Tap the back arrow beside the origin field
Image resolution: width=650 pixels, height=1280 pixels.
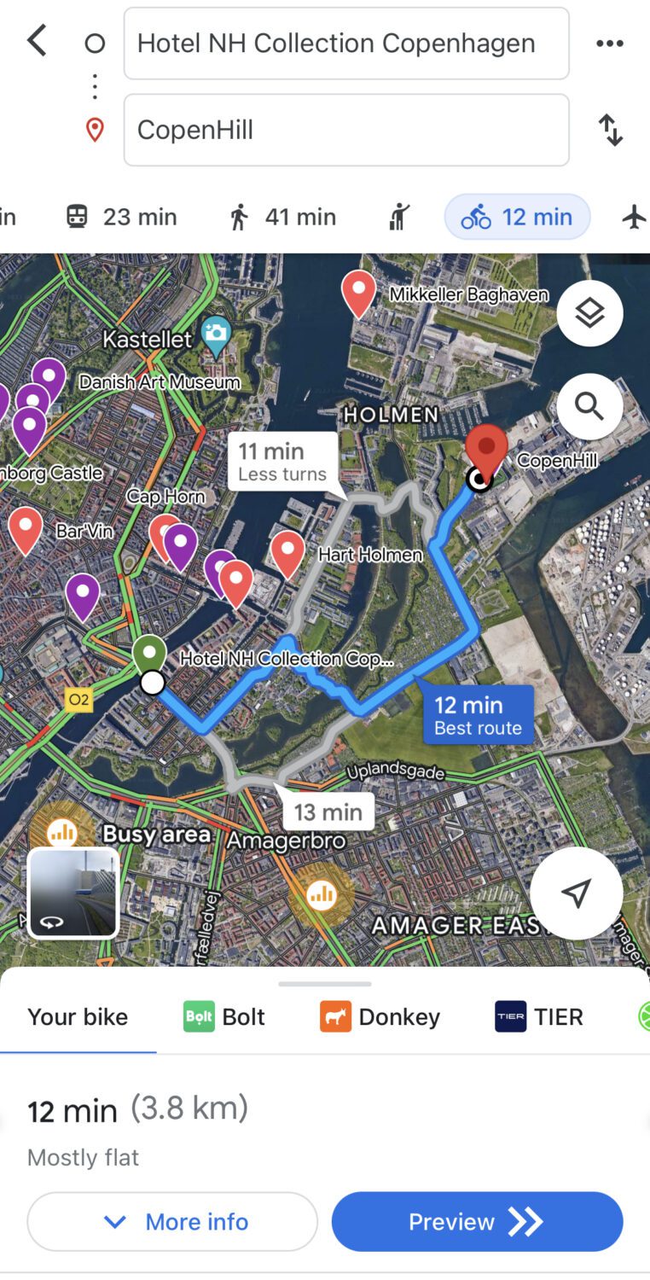click(37, 41)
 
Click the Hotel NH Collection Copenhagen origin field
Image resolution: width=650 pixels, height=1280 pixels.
click(345, 44)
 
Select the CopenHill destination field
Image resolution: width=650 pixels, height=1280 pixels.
click(345, 130)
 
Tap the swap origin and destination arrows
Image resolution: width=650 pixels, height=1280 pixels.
click(611, 130)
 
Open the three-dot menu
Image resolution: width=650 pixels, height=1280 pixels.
click(609, 44)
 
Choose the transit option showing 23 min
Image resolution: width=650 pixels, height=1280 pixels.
click(122, 217)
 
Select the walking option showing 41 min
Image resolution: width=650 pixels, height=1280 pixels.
click(283, 217)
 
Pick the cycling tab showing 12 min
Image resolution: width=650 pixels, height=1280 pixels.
click(517, 217)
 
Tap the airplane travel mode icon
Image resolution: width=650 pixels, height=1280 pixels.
click(634, 217)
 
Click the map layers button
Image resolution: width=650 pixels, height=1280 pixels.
click(589, 313)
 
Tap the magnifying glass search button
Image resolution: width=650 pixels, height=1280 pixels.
click(589, 406)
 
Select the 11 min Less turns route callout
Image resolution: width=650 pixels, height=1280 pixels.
click(282, 461)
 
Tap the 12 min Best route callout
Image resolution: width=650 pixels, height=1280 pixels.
click(478, 715)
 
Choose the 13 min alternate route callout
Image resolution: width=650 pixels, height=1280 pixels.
click(328, 812)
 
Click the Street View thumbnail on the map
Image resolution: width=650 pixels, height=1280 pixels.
click(73, 893)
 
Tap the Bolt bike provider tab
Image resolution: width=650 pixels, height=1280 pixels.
click(224, 1017)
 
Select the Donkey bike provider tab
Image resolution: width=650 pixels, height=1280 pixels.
click(380, 1017)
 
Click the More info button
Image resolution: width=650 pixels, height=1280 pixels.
click(172, 1222)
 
